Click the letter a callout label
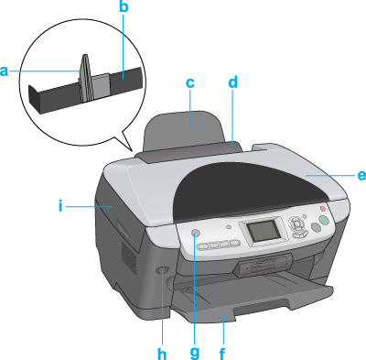(x=4, y=71)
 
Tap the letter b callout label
(x=124, y=7)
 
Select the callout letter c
(x=190, y=82)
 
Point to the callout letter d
(x=232, y=82)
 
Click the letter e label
(x=361, y=175)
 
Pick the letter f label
(x=222, y=354)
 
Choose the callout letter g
(x=195, y=353)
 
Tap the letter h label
(x=162, y=354)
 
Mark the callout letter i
(x=60, y=206)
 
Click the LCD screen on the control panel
(x=263, y=231)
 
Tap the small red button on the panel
(x=323, y=209)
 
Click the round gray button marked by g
(x=196, y=234)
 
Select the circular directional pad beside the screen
(x=296, y=224)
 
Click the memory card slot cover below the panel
(x=264, y=265)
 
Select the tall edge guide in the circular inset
(x=85, y=78)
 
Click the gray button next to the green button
(x=316, y=227)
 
